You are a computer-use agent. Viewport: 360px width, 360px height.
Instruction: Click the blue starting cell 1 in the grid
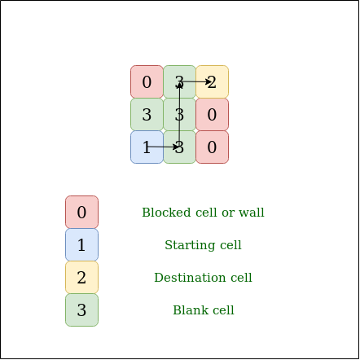[147, 147]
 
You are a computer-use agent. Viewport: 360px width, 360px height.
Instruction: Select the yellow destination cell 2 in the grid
[212, 81]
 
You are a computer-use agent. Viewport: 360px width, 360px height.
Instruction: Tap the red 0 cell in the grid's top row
[147, 81]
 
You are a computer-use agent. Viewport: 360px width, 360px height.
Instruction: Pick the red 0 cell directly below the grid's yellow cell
[212, 115]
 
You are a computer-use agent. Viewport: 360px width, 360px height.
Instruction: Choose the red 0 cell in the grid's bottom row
[212, 147]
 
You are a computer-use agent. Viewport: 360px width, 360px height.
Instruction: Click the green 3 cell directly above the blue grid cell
[147, 115]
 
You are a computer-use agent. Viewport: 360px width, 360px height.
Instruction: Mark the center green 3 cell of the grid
[179, 115]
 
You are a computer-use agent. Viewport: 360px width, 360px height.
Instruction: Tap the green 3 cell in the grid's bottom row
[179, 147]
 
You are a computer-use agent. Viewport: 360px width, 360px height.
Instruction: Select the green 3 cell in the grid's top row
[179, 81]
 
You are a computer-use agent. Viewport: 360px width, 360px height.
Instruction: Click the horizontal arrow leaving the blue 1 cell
[163, 147]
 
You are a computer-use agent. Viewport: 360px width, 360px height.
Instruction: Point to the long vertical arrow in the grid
[179, 115]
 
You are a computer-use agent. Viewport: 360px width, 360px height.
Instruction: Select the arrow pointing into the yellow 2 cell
[196, 81]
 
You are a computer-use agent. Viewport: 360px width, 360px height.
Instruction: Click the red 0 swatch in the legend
[81, 212]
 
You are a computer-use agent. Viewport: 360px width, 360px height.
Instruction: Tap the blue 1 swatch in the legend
[81, 245]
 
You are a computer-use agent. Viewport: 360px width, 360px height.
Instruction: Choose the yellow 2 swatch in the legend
[81, 278]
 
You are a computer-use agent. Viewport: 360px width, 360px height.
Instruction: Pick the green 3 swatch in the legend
[81, 310]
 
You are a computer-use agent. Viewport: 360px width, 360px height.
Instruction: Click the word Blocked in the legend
[166, 213]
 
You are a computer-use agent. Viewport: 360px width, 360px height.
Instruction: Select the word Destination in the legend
[190, 278]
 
